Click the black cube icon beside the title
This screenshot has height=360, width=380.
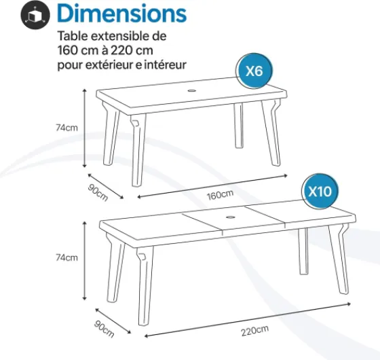pos(35,14)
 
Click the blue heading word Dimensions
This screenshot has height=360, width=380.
pos(122,13)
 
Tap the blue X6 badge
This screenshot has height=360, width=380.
pos(254,71)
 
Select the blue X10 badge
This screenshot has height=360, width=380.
pos(320,192)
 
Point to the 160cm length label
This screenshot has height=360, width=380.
pos(220,194)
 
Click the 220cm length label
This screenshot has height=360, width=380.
pos(254,330)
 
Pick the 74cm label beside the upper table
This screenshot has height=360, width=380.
pos(66,128)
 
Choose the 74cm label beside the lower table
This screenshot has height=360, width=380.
pos(66,257)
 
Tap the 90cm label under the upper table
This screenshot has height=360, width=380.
pos(98,192)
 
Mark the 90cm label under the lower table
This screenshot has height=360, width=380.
pos(104,329)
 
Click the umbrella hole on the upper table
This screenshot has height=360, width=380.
pos(192,91)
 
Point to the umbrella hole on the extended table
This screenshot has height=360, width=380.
pos(231,217)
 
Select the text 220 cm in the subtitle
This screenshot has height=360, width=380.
pos(132,50)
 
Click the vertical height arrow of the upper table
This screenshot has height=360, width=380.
pos(85,128)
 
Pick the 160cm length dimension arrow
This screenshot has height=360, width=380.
pos(212,186)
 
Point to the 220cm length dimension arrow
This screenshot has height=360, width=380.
pos(248,320)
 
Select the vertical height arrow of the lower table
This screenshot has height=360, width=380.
pos(85,261)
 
